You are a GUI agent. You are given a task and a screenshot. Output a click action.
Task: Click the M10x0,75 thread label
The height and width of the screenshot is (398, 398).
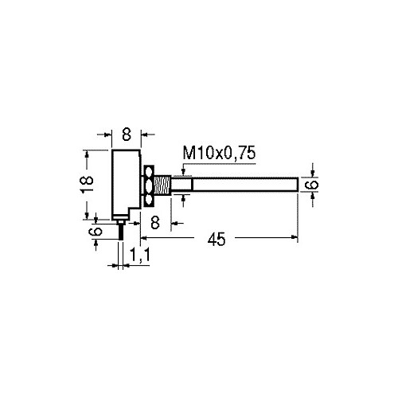(x=219, y=153)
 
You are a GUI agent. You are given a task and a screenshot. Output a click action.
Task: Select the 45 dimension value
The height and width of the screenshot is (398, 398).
(x=217, y=240)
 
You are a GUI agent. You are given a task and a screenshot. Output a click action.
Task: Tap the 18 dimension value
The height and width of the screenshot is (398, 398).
(x=87, y=184)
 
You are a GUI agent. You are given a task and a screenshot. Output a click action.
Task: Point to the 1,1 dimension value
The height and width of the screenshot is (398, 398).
(x=140, y=255)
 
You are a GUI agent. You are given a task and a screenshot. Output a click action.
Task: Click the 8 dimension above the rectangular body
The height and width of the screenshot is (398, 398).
(x=127, y=135)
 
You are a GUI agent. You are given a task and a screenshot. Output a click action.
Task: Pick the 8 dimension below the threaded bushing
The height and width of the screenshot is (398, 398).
(x=155, y=222)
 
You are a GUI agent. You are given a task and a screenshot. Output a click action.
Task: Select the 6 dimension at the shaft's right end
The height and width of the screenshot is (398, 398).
(x=311, y=185)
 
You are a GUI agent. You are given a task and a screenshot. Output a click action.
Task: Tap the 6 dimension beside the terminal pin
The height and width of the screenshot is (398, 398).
(x=96, y=232)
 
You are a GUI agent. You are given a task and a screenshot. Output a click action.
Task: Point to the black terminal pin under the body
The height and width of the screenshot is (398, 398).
(x=121, y=232)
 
